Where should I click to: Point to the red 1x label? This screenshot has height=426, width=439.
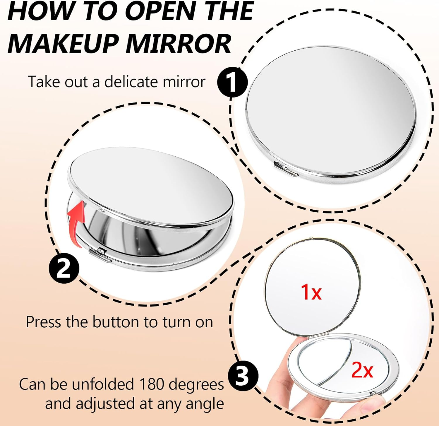(x=311, y=292)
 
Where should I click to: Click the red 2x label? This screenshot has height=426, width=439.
(x=362, y=370)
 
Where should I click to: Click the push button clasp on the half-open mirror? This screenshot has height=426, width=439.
(x=100, y=254)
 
